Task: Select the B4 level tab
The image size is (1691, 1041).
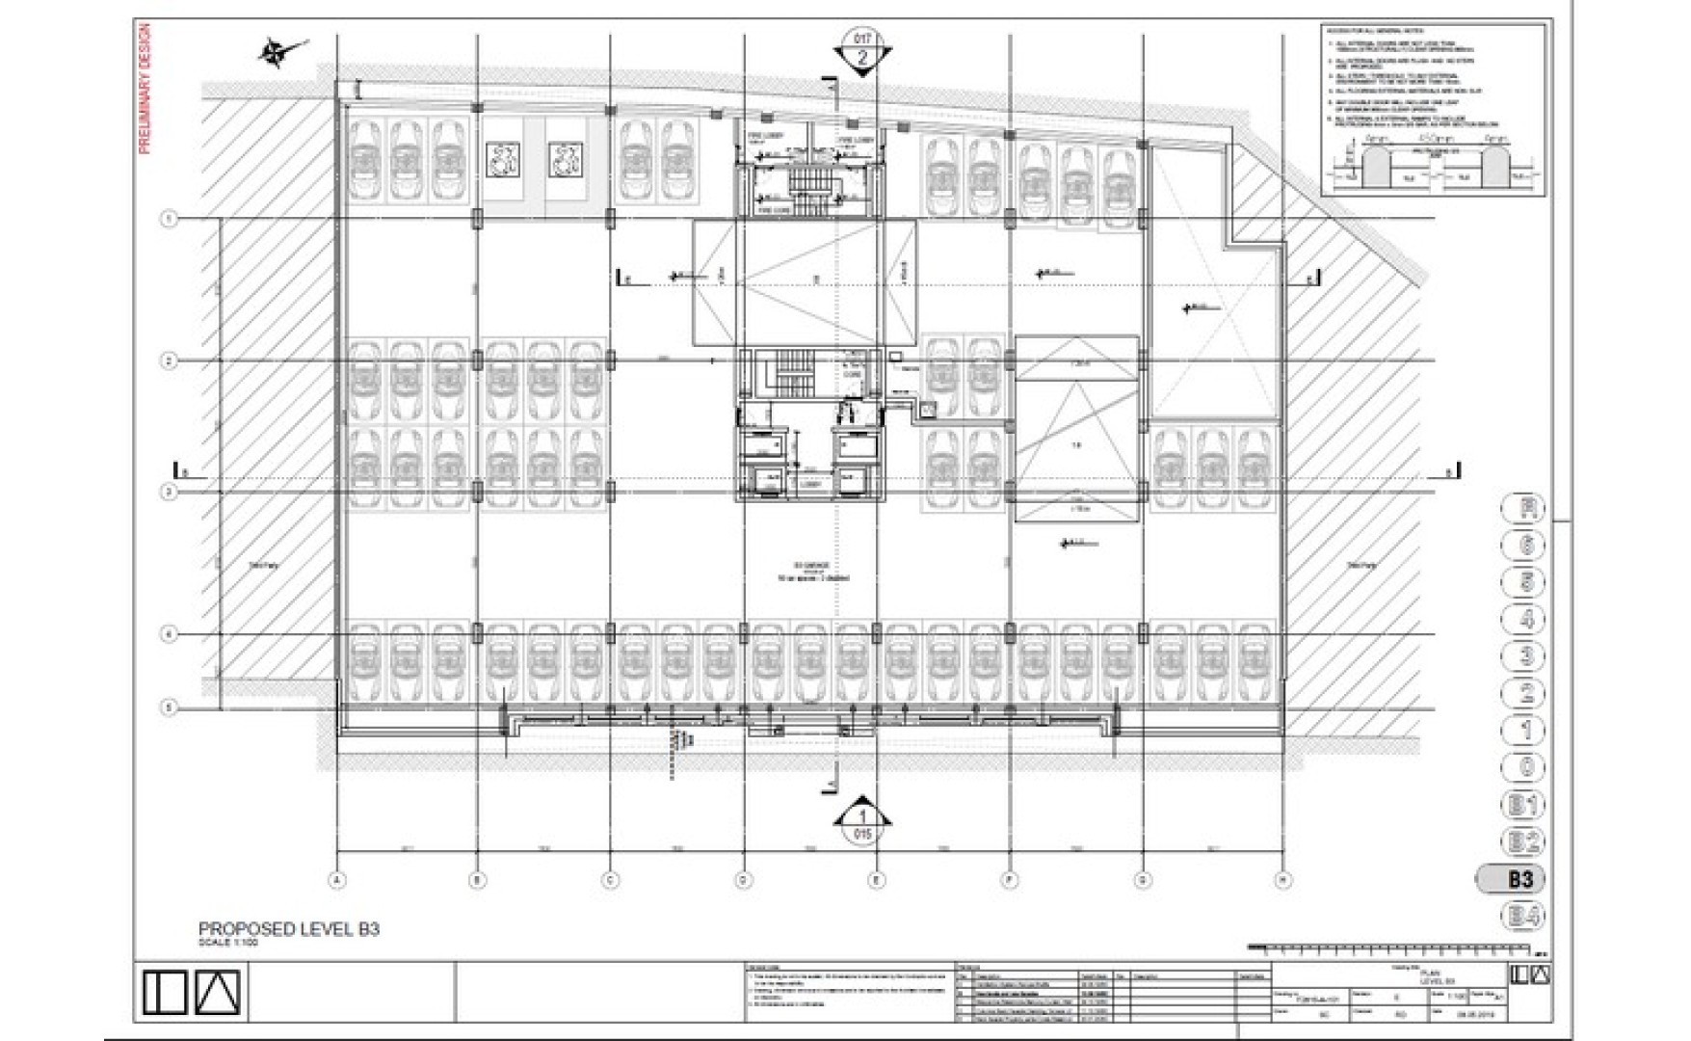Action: pos(1522,916)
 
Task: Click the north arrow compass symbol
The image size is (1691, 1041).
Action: pos(277,50)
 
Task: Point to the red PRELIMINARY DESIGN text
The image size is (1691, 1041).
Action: pos(145,89)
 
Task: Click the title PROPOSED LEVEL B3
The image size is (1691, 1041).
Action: pos(288,929)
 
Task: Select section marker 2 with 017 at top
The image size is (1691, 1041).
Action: pos(861,51)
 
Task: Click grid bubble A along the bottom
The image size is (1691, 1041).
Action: pos(337,879)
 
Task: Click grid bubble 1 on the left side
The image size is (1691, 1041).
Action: pos(169,220)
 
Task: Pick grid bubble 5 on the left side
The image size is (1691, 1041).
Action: pos(169,707)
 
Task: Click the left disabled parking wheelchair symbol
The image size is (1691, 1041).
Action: pos(503,160)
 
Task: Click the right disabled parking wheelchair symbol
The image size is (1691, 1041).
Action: pos(566,160)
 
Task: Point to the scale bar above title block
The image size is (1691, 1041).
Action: pos(1397,948)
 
